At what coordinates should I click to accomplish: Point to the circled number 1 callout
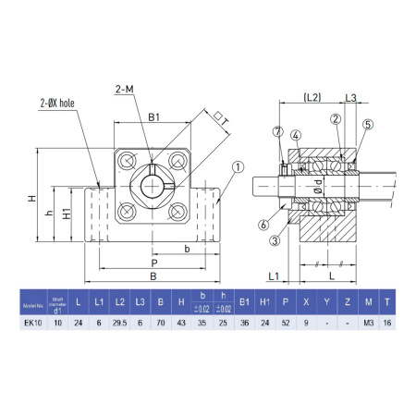pyautogui.click(x=238, y=168)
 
